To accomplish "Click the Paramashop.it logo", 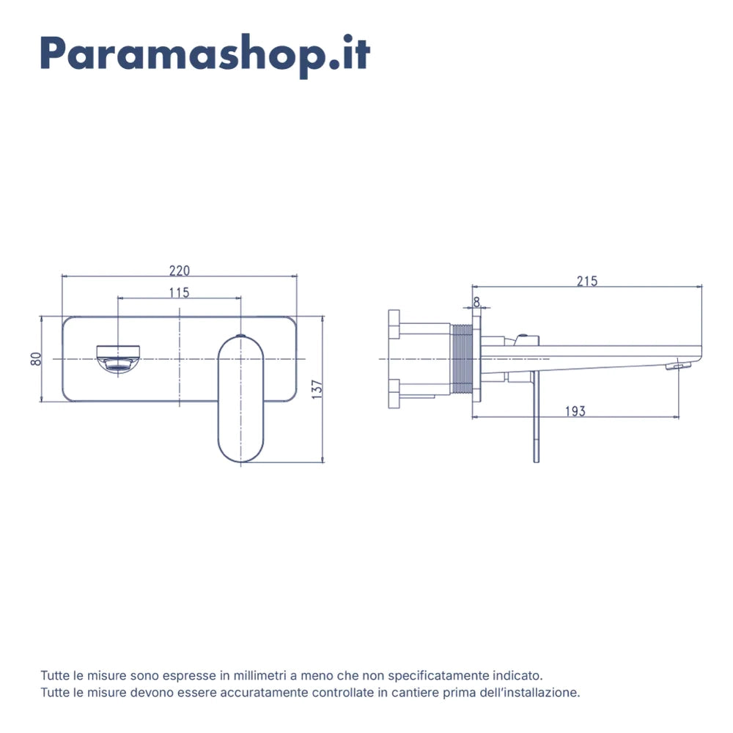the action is [205, 55].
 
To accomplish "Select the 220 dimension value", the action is [180, 270].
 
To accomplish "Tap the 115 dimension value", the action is [180, 292].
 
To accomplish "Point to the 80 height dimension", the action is [36, 359].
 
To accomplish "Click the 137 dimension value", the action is [317, 389].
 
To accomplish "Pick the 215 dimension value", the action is [587, 281].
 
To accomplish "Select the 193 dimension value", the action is [575, 411].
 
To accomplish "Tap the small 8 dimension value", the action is [476, 302].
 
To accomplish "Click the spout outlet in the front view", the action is [118, 358].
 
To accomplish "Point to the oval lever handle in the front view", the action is [240, 399].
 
